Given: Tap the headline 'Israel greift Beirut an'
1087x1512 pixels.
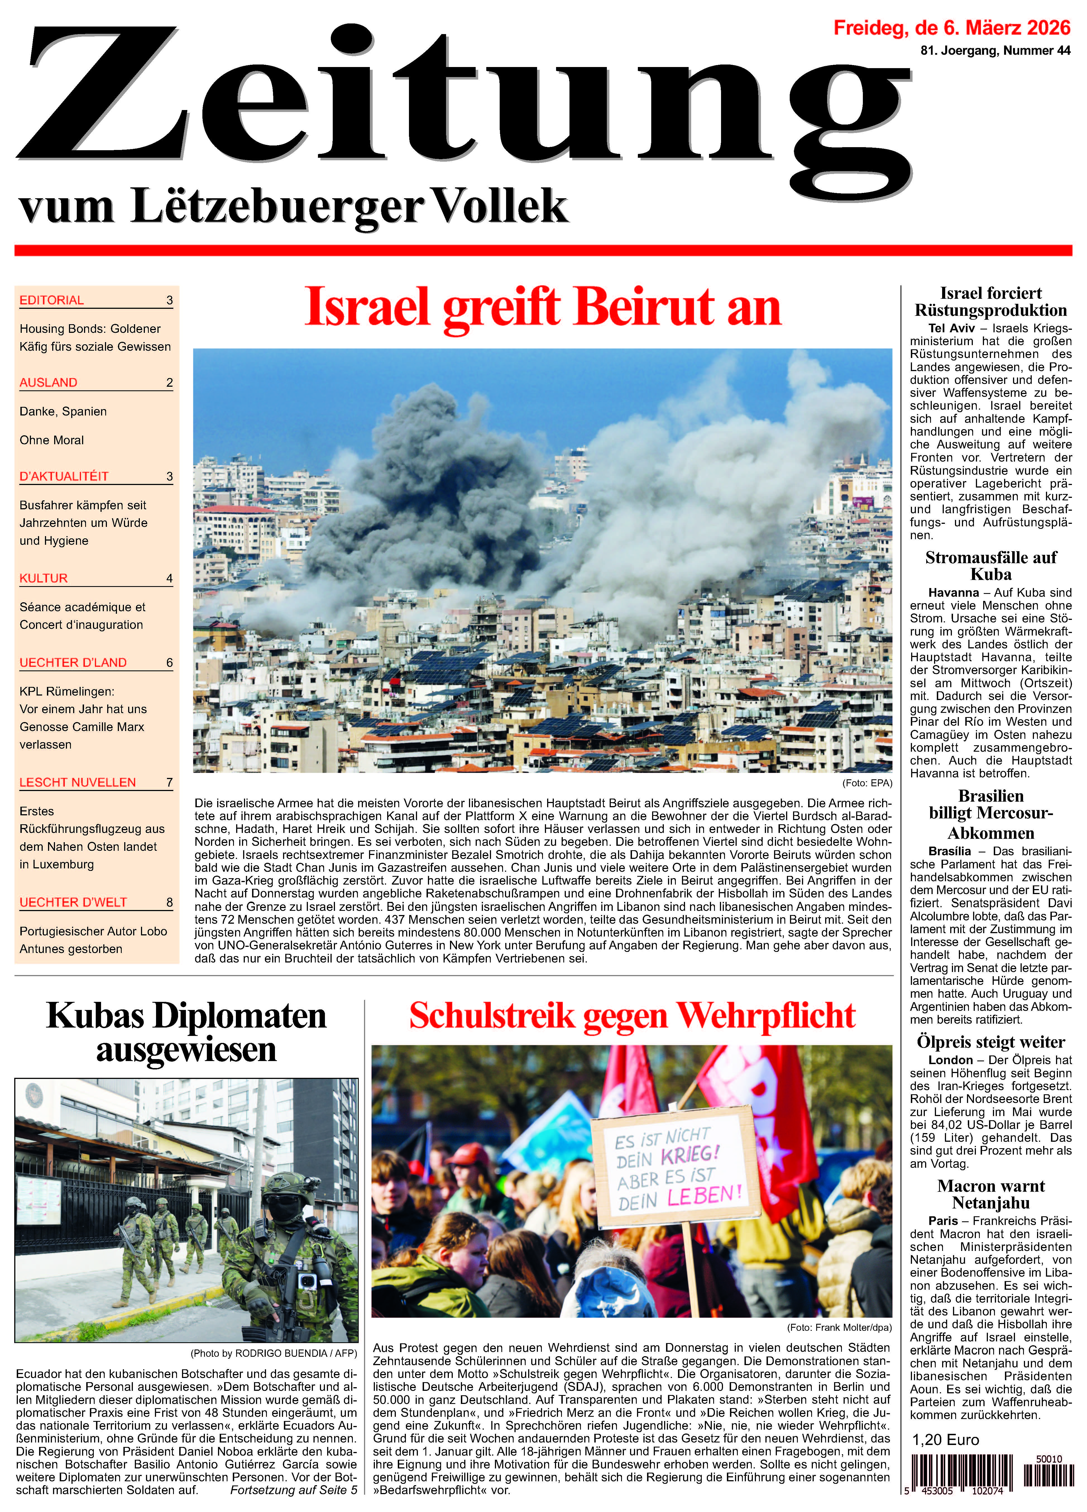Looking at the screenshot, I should coord(542,307).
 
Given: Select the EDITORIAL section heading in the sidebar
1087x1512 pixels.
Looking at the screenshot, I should coord(52,300).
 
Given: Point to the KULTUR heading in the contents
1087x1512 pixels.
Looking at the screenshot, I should coord(44,578).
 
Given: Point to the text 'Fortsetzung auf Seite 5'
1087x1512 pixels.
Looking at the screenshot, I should coord(293,1489).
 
